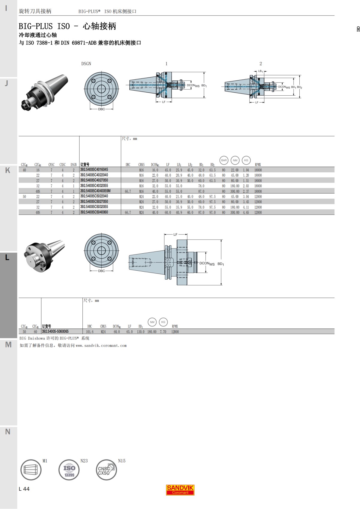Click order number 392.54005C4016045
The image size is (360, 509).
[94, 170]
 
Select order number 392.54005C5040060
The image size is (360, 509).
[94, 212]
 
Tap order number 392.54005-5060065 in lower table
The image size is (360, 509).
[55, 332]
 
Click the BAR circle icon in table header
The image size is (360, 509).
[224, 160]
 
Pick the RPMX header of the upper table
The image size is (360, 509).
[258, 165]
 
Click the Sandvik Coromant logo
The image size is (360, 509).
[180, 490]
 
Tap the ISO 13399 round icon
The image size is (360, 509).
[69, 470]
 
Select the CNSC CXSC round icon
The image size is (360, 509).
[106, 470]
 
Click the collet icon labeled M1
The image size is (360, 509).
[31, 470]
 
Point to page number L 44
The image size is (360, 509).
[24, 489]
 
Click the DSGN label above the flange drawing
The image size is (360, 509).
[86, 64]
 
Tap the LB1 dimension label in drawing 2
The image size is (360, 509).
[260, 71]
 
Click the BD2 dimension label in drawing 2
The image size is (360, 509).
[299, 87]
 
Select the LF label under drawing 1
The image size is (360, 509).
[164, 102]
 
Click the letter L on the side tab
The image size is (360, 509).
[7, 257]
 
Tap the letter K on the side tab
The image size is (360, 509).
[7, 170]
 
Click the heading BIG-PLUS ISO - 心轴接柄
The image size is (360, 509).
[67, 26]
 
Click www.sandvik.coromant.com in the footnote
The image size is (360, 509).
[101, 346]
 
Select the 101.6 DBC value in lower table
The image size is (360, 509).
[90, 332]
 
